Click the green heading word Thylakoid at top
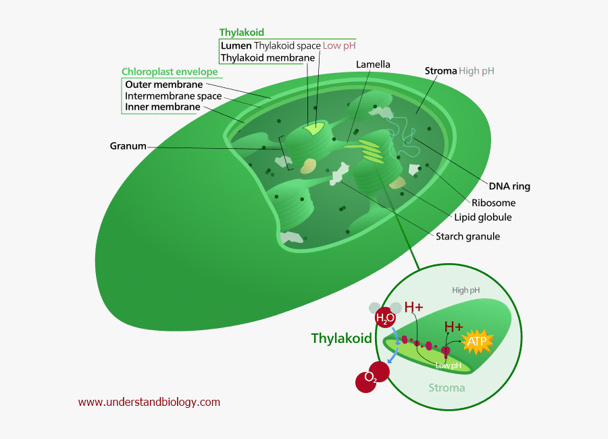(241, 32)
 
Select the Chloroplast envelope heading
(170, 72)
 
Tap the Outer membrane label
(164, 85)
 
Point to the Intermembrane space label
(174, 96)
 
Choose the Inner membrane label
(163, 107)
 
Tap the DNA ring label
(510, 187)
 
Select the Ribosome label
(493, 202)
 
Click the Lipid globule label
(483, 217)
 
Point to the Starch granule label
(467, 236)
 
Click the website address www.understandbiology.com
(149, 402)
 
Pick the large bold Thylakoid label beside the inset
(341, 338)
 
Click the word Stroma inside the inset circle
(447, 388)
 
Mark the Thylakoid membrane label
(268, 57)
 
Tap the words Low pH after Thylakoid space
(339, 45)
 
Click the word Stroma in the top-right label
(440, 70)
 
